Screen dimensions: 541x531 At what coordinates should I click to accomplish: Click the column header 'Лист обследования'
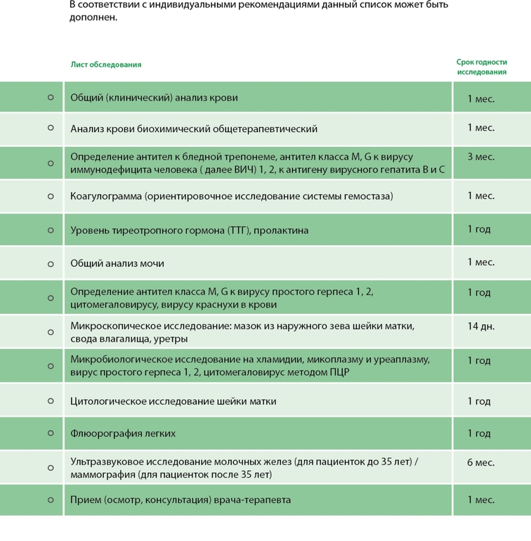click(105, 65)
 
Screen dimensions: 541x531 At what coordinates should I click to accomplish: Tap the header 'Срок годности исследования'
click(481, 67)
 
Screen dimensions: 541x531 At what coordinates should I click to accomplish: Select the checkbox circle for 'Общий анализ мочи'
click(51, 264)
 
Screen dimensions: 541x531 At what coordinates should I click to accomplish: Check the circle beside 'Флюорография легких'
click(51, 434)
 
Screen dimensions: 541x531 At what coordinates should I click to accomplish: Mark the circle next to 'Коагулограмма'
click(51, 197)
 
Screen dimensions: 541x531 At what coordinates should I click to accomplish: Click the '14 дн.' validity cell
click(481, 327)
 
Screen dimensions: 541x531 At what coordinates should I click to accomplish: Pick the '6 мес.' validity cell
click(481, 462)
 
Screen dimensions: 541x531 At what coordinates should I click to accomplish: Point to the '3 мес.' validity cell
click(481, 157)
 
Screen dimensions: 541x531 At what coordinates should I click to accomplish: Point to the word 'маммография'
click(101, 475)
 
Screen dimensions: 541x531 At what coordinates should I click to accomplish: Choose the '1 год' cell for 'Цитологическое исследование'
click(481, 401)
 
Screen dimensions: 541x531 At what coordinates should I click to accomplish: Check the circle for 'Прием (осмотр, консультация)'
click(51, 500)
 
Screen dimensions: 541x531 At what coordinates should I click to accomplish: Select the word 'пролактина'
click(282, 230)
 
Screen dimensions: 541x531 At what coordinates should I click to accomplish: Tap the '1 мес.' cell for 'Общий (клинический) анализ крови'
click(481, 98)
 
